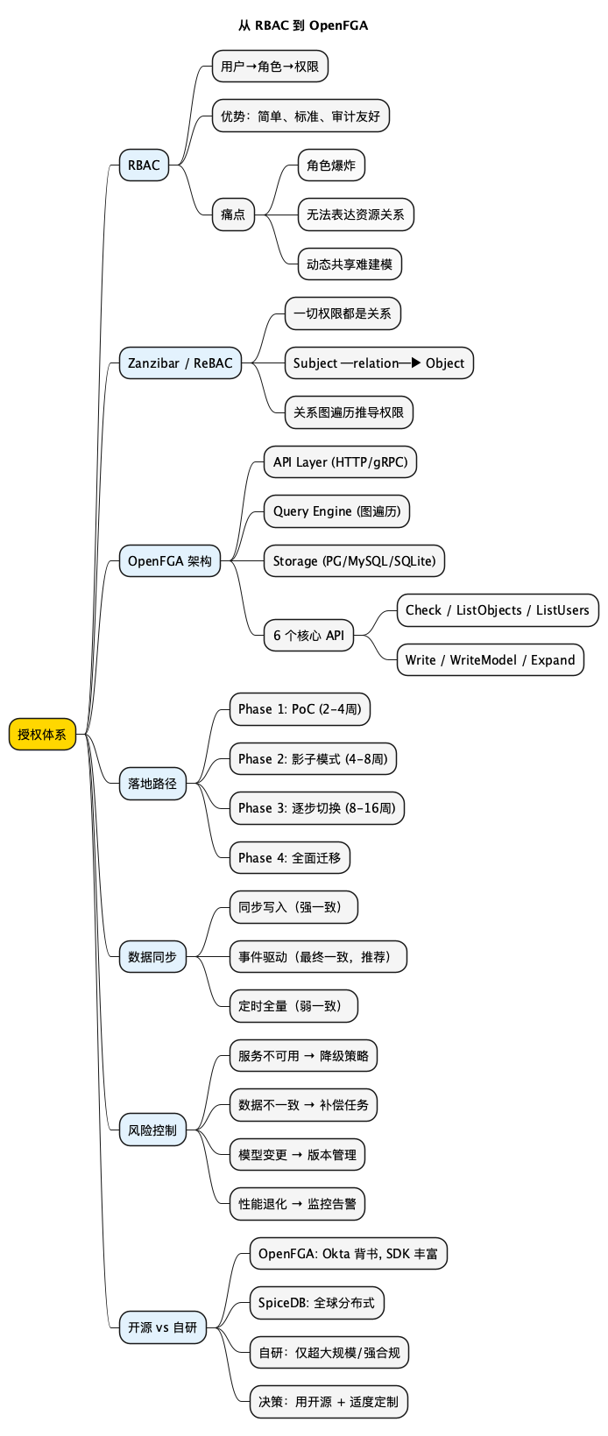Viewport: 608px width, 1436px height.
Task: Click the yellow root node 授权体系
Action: pyautogui.click(x=42, y=734)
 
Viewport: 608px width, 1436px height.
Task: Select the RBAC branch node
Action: pyautogui.click(x=144, y=165)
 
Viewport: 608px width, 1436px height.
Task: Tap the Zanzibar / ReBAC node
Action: pyautogui.click(x=180, y=363)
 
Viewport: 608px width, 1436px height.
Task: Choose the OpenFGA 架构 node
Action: pyautogui.click(x=169, y=560)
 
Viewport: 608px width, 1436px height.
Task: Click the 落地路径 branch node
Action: pyautogui.click(x=152, y=783)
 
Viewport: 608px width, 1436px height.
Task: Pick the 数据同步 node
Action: pyautogui.click(x=152, y=956)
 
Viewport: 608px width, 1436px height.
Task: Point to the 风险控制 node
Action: pyautogui.click(x=152, y=1130)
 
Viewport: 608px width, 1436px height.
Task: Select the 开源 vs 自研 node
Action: pyautogui.click(x=163, y=1327)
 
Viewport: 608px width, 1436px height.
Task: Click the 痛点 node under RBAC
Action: pyautogui.click(x=232, y=214)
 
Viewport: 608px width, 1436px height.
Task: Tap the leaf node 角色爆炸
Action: pyautogui.click(x=330, y=165)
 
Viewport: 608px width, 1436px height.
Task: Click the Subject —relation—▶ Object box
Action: pyautogui.click(x=378, y=363)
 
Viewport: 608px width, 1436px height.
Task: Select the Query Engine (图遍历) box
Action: pyautogui.click(x=336, y=511)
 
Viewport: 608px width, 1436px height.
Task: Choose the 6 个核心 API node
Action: pyautogui.click(x=308, y=635)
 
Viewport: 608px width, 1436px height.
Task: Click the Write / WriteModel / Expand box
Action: pyautogui.click(x=490, y=659)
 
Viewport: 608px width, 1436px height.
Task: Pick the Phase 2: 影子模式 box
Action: pyautogui.click(x=313, y=758)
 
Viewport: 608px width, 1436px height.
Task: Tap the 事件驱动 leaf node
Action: pyautogui.click(x=318, y=956)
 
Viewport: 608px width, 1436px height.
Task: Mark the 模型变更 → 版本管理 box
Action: pyautogui.click(x=297, y=1154)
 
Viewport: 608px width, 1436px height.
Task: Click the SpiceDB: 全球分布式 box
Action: pyautogui.click(x=316, y=1302)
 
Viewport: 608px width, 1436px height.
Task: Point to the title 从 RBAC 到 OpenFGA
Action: pyautogui.click(x=303, y=25)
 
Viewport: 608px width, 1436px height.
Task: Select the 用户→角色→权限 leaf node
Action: pyautogui.click(x=270, y=66)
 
